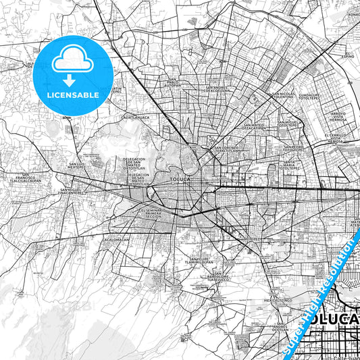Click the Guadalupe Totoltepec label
315,99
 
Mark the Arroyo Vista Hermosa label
337,116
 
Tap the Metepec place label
253,238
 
